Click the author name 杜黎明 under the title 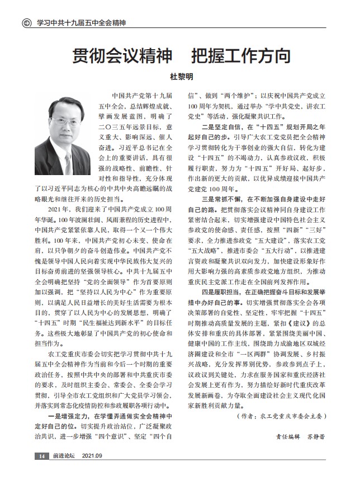coord(180,77)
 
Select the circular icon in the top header coord(26,23)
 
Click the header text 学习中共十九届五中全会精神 coord(80,23)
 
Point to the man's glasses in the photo coord(63,117)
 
